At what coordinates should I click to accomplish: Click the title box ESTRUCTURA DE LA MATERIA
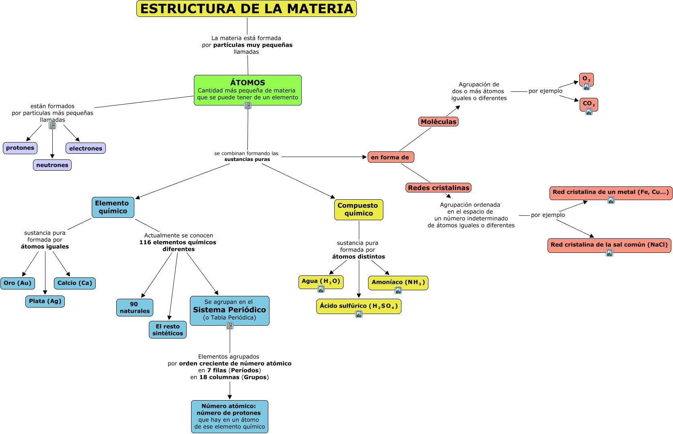click(x=247, y=8)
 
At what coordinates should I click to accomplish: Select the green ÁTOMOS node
click(x=247, y=90)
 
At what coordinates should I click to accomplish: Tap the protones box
click(x=20, y=148)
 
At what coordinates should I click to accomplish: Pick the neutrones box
click(x=52, y=165)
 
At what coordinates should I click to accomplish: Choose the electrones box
click(x=86, y=148)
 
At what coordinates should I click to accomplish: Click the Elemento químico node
click(x=113, y=207)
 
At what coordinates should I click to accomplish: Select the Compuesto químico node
click(x=358, y=210)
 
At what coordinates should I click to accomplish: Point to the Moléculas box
click(x=438, y=122)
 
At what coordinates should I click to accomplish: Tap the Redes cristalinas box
click(x=438, y=188)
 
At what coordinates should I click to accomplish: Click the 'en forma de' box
click(x=391, y=157)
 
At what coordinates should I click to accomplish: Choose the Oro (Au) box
click(x=18, y=283)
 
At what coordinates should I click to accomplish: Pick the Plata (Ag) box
click(x=45, y=301)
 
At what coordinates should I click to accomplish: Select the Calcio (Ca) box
click(x=75, y=283)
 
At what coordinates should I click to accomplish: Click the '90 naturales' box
click(x=135, y=308)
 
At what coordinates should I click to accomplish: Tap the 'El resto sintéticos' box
click(x=168, y=330)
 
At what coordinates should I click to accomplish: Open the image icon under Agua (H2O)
click(x=321, y=289)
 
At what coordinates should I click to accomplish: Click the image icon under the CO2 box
click(x=589, y=112)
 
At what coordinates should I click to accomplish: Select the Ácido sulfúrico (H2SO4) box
click(x=359, y=306)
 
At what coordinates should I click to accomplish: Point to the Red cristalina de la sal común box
click(x=609, y=244)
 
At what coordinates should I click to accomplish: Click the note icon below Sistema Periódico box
click(x=230, y=326)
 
